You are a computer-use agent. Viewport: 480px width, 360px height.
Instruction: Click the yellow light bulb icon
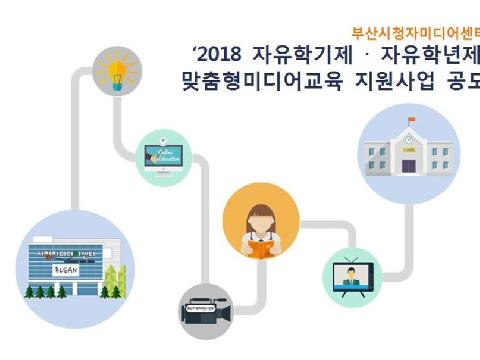[115, 69]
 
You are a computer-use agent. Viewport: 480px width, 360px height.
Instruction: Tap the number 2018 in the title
[218, 54]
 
